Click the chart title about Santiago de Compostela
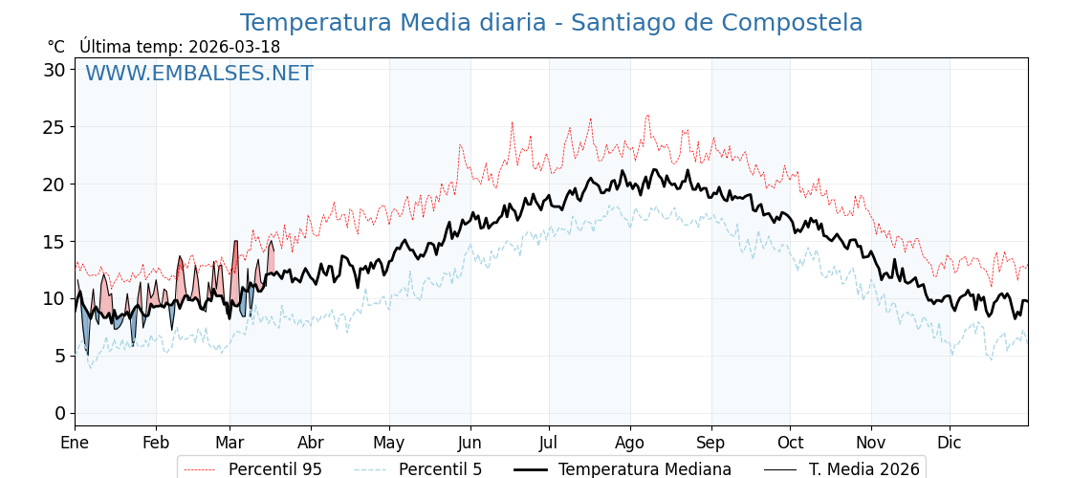[551, 23]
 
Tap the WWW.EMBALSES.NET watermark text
[199, 74]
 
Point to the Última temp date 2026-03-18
[234, 47]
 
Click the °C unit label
[56, 47]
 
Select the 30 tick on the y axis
[55, 70]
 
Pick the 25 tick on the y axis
[55, 127]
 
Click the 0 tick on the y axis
[60, 413]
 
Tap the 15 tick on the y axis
[55, 241]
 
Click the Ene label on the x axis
[75, 443]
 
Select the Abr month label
[311, 443]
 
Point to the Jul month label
[549, 443]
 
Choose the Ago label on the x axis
[629, 443]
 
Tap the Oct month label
[790, 443]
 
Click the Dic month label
[950, 443]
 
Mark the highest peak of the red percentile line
[647, 116]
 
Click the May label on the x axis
[389, 443]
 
